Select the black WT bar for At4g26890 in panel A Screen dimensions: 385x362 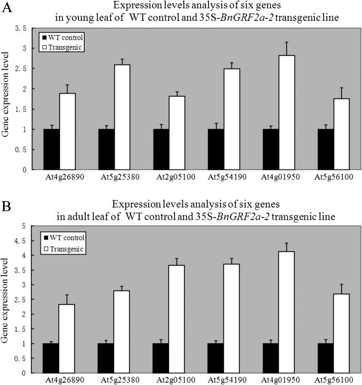(51, 149)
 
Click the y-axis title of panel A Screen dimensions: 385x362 (7, 99)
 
